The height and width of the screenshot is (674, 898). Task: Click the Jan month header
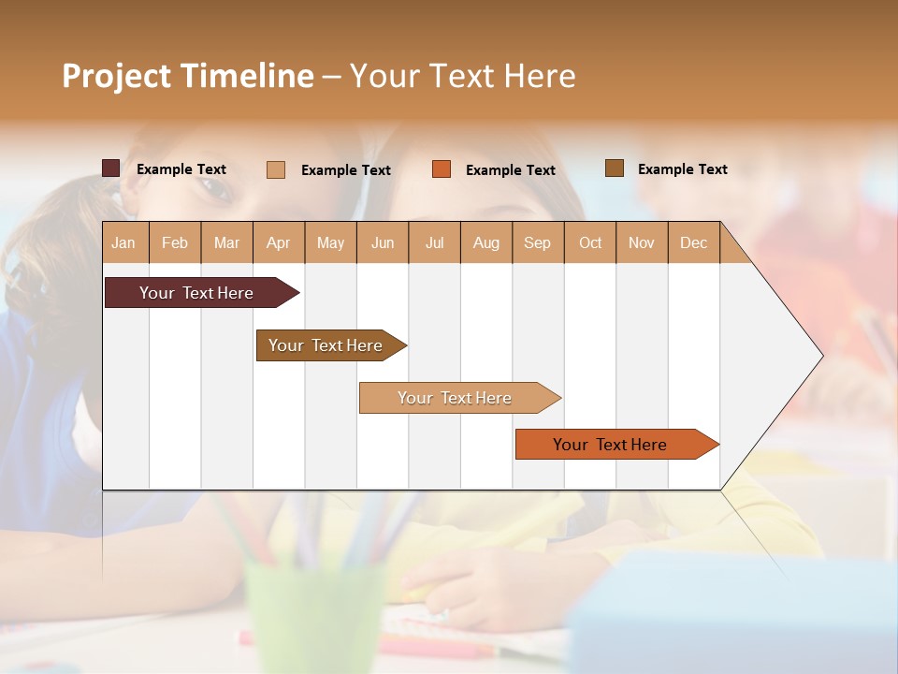click(123, 242)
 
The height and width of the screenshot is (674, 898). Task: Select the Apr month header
click(278, 242)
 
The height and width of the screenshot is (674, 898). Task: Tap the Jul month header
click(434, 242)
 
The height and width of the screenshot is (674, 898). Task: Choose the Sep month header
click(537, 242)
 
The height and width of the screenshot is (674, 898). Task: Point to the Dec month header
click(693, 242)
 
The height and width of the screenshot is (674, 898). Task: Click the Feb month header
click(175, 242)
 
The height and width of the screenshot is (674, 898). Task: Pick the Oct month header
click(590, 242)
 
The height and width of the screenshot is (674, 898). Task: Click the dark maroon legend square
click(111, 168)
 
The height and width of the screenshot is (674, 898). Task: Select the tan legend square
click(276, 169)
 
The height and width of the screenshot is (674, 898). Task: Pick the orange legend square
click(442, 169)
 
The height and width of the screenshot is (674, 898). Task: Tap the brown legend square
click(615, 168)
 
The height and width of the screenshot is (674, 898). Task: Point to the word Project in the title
click(116, 76)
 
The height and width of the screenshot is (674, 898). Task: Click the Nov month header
click(642, 242)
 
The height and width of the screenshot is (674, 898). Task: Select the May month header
click(330, 242)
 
